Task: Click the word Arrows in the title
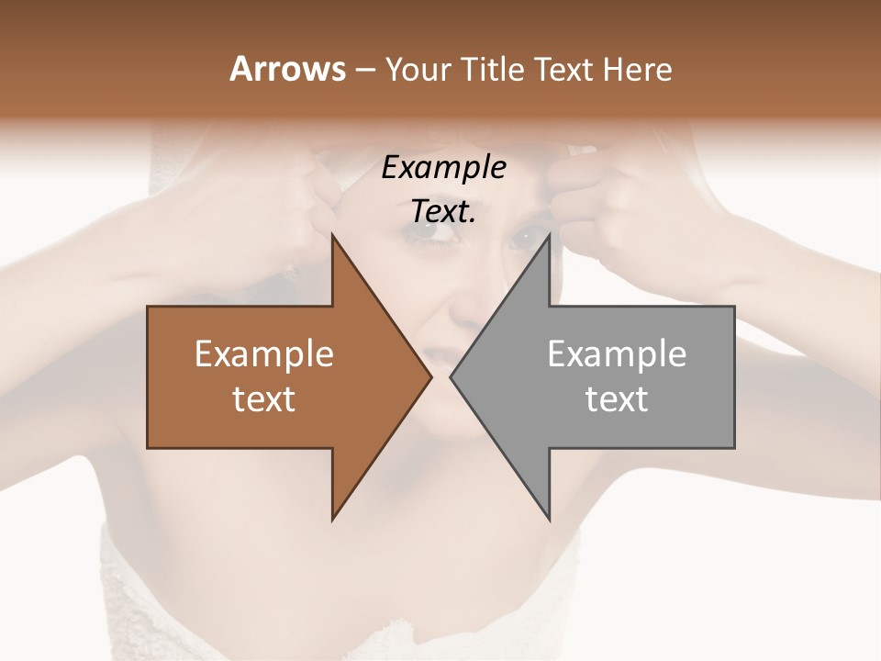pos(286,69)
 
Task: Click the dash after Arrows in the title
pos(363,70)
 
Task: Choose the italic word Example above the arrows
pos(443,168)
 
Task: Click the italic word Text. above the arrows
pos(443,212)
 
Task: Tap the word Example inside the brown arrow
pos(264,353)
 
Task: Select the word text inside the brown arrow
pos(264,399)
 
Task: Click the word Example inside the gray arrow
pos(617,353)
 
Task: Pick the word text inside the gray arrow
pos(617,399)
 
